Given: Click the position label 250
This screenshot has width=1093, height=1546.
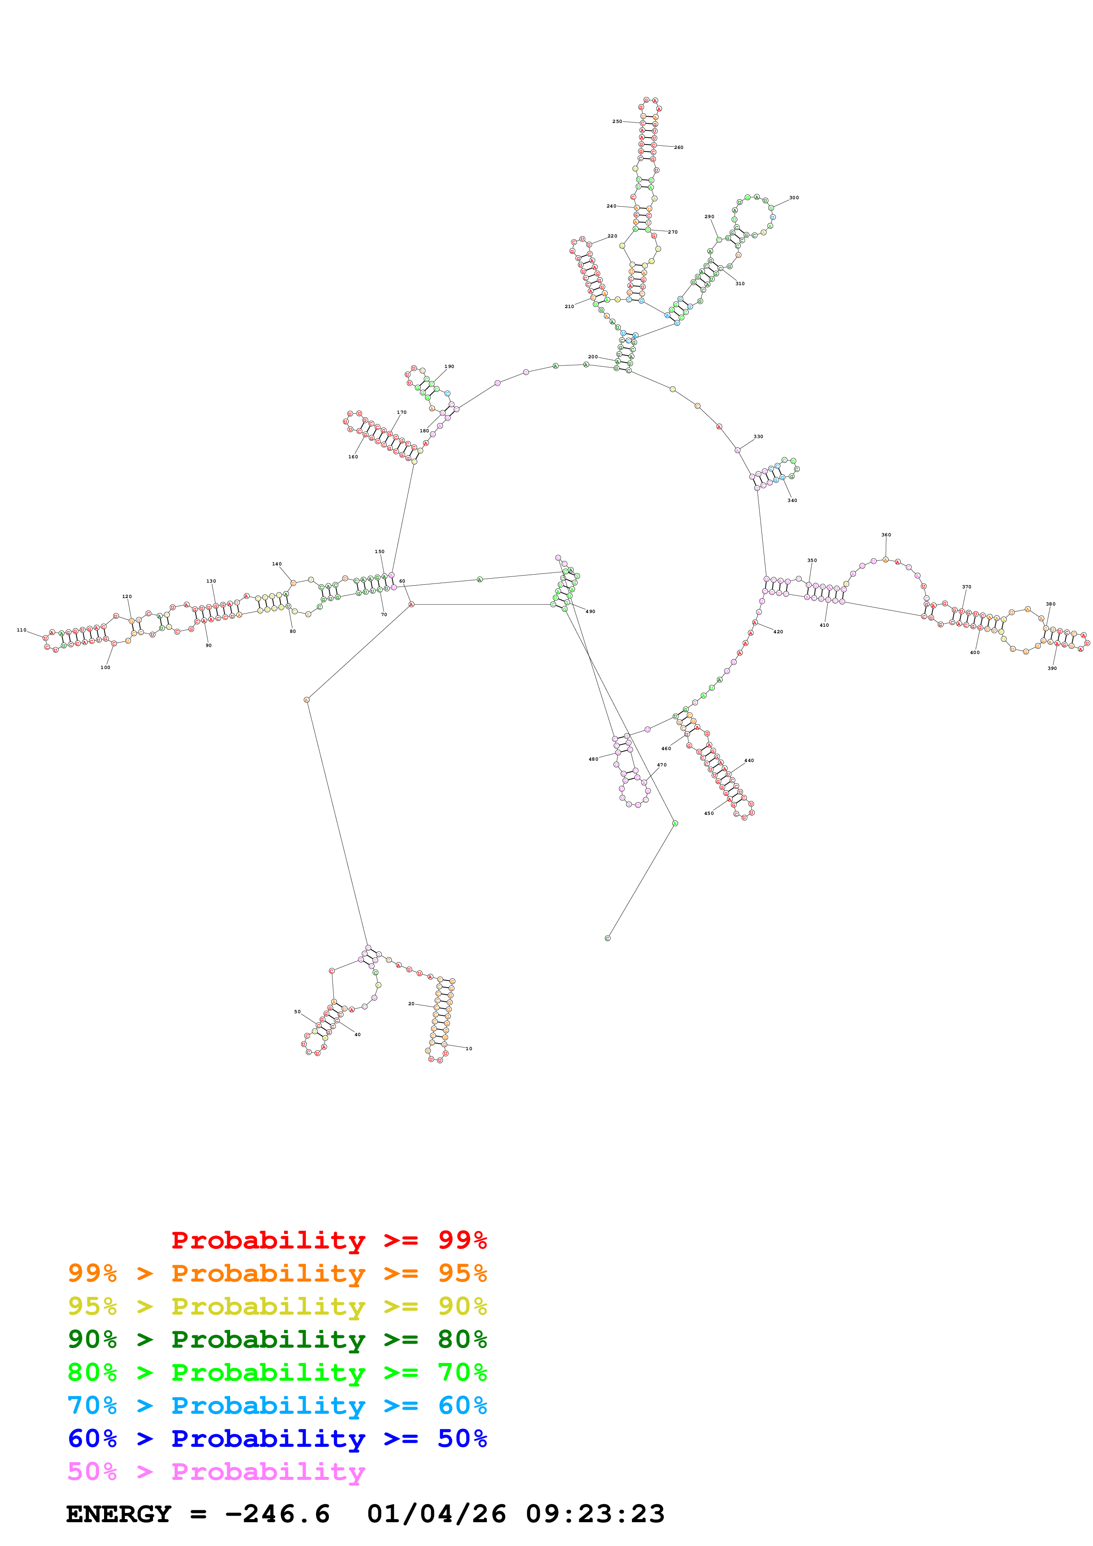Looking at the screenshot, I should point(617,122).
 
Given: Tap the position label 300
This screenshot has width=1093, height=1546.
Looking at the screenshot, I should point(794,198).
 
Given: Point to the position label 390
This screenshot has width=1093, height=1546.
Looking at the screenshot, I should point(1052,669).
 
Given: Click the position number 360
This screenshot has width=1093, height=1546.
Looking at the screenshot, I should point(886,535).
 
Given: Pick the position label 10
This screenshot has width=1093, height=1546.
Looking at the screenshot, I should point(469,1049).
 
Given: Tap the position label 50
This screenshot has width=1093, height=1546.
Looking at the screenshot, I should point(297,1012).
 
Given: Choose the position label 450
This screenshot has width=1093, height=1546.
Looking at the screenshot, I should point(709,814).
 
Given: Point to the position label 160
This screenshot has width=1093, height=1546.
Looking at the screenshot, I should point(353,457).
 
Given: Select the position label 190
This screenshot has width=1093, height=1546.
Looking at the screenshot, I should point(449,367).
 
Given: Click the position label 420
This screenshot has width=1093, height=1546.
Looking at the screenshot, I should point(779,632).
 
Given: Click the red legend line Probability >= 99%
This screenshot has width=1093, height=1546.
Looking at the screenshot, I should point(328,1240).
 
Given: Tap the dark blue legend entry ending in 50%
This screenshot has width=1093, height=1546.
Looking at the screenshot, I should point(277,1438).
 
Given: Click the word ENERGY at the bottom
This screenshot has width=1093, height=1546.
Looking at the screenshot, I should point(119,1514).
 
